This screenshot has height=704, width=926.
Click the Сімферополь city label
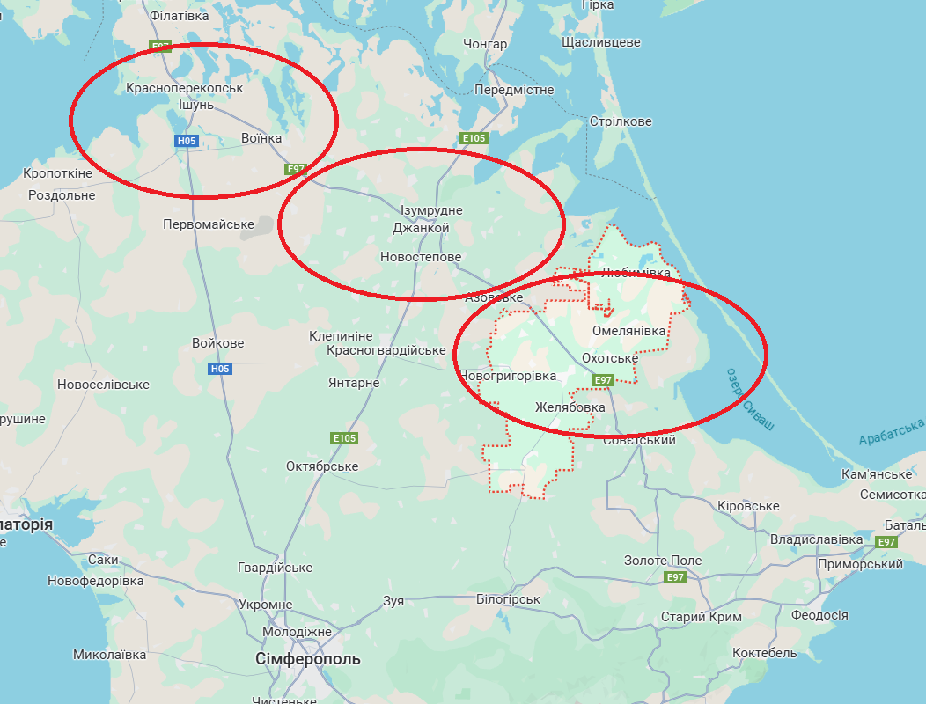pos(308,659)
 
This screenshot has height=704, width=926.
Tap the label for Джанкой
pos(421,228)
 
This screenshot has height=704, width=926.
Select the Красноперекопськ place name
pos(184,88)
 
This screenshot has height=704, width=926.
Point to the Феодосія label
pos(819,615)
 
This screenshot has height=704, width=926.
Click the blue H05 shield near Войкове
pos(219,369)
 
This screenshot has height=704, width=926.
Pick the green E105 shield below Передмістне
pos(474,138)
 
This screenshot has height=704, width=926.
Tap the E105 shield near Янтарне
pos(344,437)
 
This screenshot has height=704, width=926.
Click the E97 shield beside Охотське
pos(602,380)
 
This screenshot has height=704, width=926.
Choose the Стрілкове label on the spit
pos(621,121)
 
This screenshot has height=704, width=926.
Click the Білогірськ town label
pos(508,599)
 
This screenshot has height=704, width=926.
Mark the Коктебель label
pos(765,653)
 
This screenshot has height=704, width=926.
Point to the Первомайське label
pos(209,224)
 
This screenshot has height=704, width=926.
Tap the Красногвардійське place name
pos(386,350)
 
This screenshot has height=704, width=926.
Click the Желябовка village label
pos(570,407)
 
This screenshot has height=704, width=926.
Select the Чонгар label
pos(485,44)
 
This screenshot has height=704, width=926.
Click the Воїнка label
pos(261,138)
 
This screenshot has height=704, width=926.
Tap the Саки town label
pos(103,560)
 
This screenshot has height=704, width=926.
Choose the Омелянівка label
pos(629,331)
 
